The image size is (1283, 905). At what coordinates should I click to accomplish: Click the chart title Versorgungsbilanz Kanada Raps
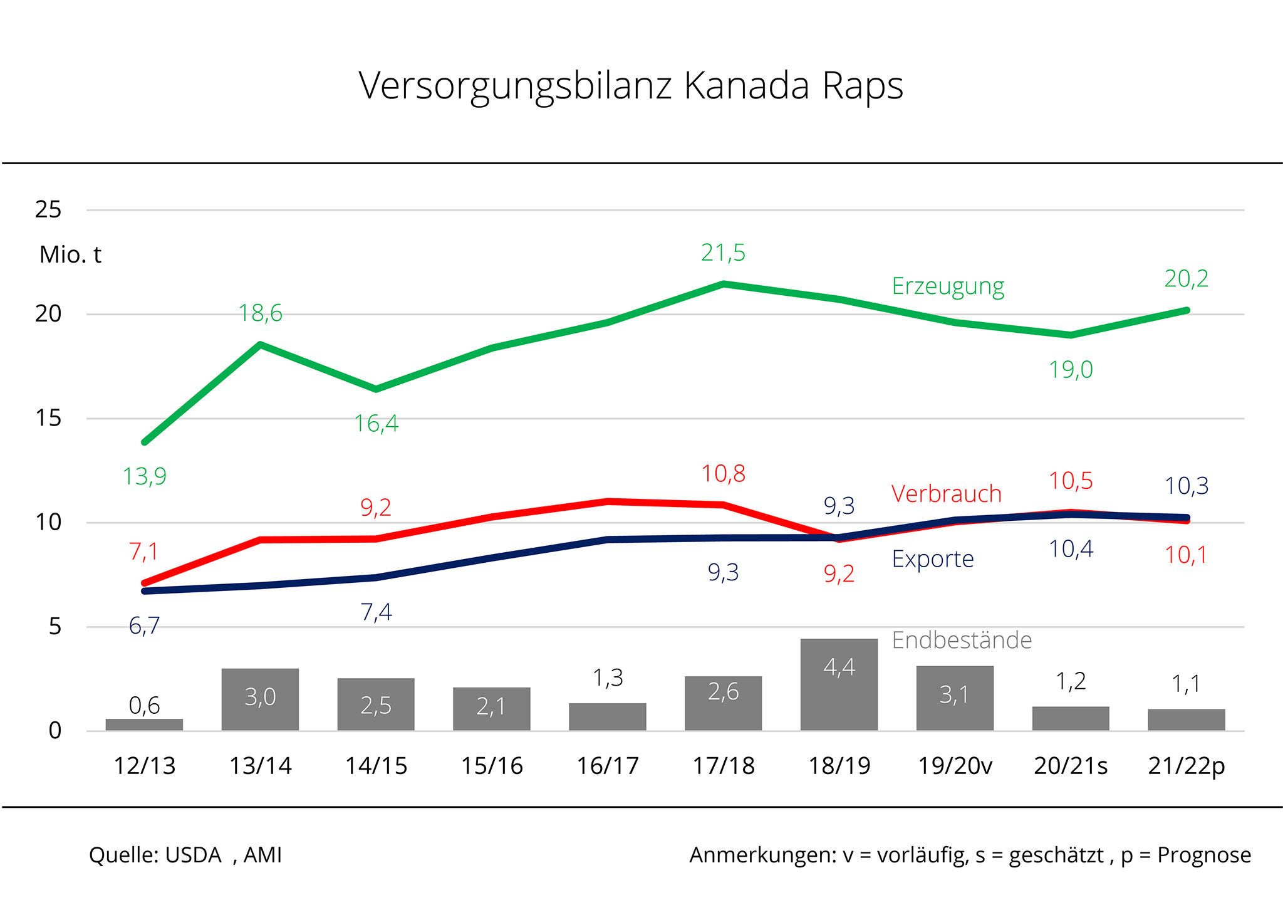pos(631,86)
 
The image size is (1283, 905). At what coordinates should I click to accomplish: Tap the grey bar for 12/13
pos(144,725)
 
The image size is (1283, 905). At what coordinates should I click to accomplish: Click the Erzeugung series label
pos(948,286)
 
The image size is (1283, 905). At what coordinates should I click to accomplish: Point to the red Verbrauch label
pos(946,494)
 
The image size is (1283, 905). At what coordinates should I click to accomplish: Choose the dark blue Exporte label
pos(932,558)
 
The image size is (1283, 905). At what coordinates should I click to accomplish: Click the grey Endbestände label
pos(961,640)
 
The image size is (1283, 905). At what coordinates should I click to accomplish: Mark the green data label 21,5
pos(723,253)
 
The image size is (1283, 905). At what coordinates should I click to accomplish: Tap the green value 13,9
pos(144,476)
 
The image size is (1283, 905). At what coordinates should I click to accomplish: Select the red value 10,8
pos(723,474)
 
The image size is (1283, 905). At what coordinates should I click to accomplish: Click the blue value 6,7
pos(144,625)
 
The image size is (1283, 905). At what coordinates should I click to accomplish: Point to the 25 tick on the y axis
pos(48,209)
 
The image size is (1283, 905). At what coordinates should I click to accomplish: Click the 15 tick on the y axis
pos(48,418)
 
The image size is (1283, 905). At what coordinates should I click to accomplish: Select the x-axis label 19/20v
pos(955,766)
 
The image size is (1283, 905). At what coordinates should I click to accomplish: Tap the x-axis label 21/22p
pos(1186,766)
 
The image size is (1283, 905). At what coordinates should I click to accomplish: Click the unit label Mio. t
pos(70,255)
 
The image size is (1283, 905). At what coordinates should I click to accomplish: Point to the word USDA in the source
pos(193,855)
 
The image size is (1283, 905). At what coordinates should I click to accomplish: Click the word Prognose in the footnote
pos(1203,855)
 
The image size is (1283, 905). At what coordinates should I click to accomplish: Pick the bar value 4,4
pos(839,667)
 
